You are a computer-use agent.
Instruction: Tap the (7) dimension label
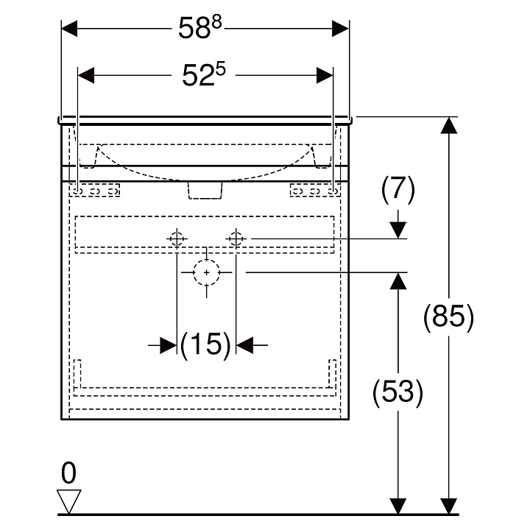(x=398, y=191)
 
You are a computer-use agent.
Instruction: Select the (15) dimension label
(x=205, y=344)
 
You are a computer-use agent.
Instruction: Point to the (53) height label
(x=398, y=392)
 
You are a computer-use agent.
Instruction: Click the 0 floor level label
(x=69, y=471)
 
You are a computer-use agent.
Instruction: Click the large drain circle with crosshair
(x=207, y=272)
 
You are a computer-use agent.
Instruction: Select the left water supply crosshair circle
(x=177, y=238)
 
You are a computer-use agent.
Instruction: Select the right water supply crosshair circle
(x=236, y=238)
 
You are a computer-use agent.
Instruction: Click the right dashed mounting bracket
(x=314, y=191)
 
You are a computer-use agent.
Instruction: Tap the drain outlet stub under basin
(x=205, y=190)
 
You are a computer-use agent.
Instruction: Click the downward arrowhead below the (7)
(x=398, y=230)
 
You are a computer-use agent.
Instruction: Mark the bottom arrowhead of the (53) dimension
(x=398, y=506)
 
